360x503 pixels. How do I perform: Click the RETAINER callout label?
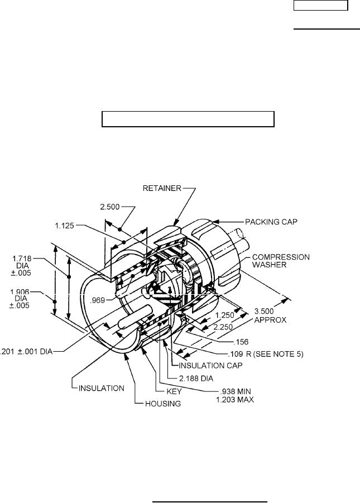(x=162, y=188)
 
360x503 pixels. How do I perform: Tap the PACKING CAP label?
(x=271, y=222)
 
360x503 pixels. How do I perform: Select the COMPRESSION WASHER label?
(x=281, y=261)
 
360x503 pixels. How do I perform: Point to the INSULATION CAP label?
(x=210, y=365)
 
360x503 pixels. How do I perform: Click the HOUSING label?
(x=163, y=403)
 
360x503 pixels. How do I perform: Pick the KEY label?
(x=174, y=391)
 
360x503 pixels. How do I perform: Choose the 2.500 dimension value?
(x=110, y=207)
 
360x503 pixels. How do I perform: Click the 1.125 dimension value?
(x=65, y=226)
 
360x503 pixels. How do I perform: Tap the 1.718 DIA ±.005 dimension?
(x=22, y=266)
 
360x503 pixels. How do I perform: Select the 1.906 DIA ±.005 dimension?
(x=20, y=299)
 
